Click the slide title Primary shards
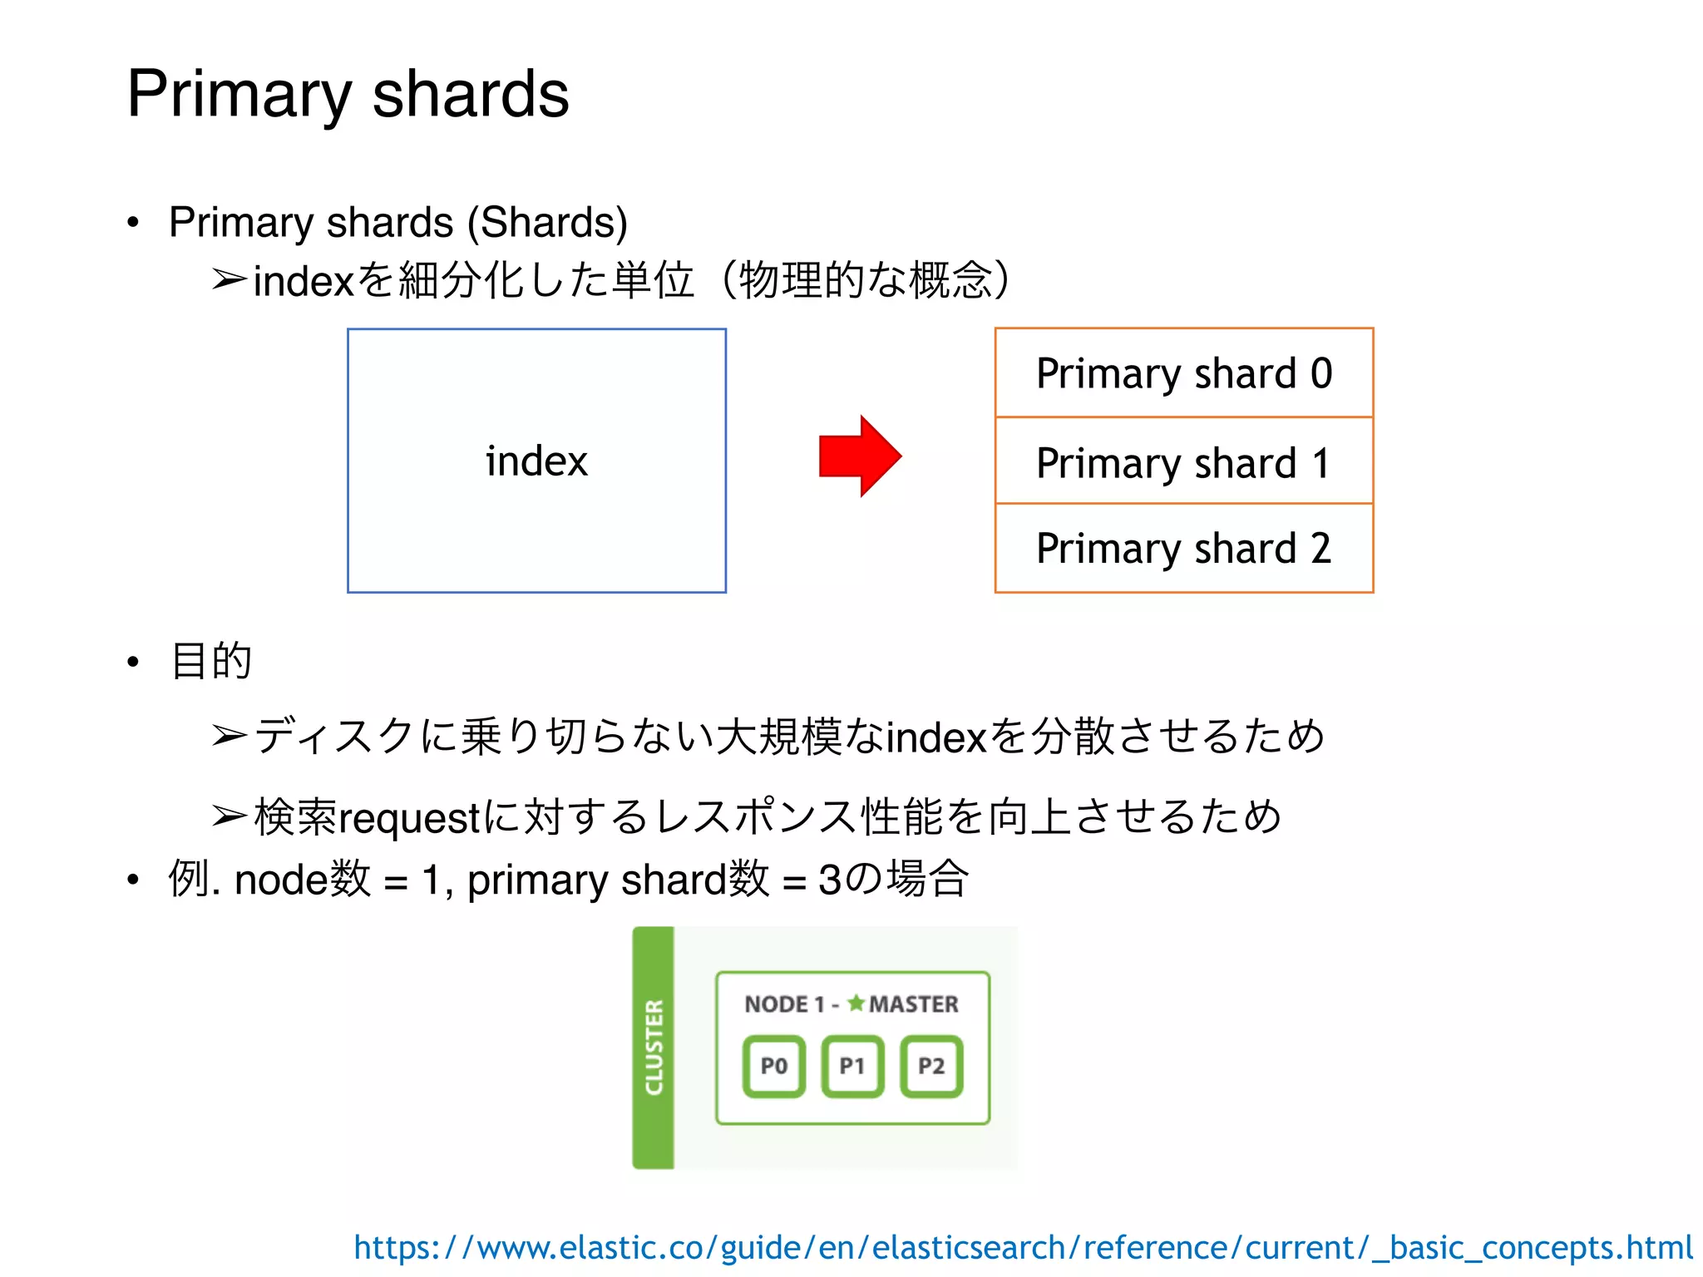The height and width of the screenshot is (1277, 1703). tap(348, 94)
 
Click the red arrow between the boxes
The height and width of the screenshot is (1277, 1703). tap(860, 456)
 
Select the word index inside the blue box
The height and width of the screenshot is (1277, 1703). tap(536, 461)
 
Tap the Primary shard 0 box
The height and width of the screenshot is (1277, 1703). tap(1183, 373)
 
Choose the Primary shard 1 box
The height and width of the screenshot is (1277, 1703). tap(1183, 462)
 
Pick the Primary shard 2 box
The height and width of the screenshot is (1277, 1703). tap(1183, 549)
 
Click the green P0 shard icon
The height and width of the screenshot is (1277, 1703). tap(773, 1066)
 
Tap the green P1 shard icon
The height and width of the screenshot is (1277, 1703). tap(852, 1066)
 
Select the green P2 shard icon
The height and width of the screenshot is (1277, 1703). tap(931, 1066)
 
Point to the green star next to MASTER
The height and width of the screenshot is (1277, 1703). tap(856, 1003)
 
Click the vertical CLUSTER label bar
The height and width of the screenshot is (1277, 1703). tap(654, 1048)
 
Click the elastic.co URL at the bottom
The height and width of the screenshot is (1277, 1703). tap(1023, 1247)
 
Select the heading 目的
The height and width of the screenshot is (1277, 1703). tap(210, 662)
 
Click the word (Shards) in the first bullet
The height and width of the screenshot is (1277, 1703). tap(547, 223)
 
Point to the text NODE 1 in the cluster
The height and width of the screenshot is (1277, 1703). tap(783, 1004)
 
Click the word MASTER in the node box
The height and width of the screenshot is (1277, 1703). tap(913, 1004)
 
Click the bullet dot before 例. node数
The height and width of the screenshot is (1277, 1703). tap(133, 880)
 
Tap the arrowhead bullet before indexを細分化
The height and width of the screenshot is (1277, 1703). tap(229, 280)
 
